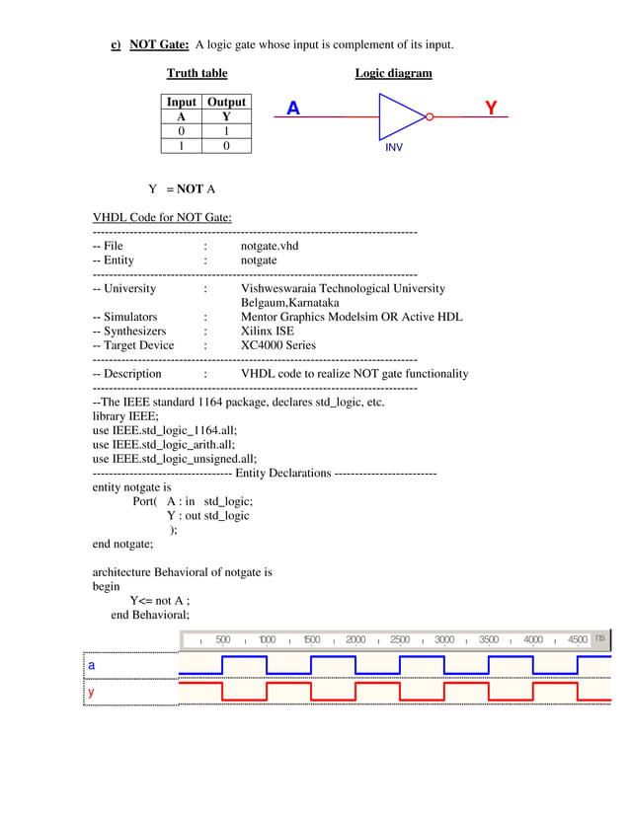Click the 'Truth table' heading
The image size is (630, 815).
coord(197,73)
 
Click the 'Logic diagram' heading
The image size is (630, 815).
coord(393,73)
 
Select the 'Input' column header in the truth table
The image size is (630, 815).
coord(181,102)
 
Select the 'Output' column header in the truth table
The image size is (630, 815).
coord(226,102)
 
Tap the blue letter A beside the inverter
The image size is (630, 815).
coord(293,109)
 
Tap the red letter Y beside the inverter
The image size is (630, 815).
coord(491,109)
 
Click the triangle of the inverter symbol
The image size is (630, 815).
coord(399,116)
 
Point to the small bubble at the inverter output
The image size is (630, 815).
coord(429,116)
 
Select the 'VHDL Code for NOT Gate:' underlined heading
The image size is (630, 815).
coord(162,217)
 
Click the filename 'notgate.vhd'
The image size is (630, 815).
coord(270,246)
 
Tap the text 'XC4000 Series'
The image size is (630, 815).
coord(278,345)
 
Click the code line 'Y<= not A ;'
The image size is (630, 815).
coord(159,600)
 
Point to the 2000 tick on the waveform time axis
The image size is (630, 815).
coord(355,639)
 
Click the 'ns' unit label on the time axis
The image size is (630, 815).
coord(599,639)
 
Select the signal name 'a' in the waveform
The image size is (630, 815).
coord(92,666)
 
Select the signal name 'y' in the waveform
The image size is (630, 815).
coord(92,693)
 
